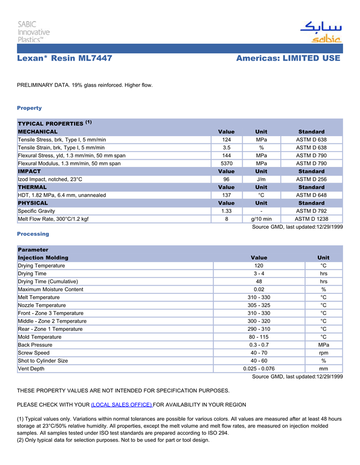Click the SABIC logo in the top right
click(320, 32)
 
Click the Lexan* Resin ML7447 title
click(64, 59)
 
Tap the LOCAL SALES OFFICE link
click(121, 405)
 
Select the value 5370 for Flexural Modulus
click(226, 163)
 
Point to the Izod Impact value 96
click(226, 179)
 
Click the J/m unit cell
click(261, 179)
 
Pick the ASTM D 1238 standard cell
click(311, 219)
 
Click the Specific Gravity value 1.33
click(226, 211)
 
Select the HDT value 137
click(226, 195)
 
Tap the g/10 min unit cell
click(261, 219)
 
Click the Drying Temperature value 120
click(259, 266)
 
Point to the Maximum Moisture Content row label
click(50, 289)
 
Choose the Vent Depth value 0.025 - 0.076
click(259, 368)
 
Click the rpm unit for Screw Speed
click(323, 353)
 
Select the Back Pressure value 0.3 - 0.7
click(259, 345)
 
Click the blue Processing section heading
click(33, 234)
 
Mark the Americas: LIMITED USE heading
click(288, 59)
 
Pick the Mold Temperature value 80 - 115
click(259, 337)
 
